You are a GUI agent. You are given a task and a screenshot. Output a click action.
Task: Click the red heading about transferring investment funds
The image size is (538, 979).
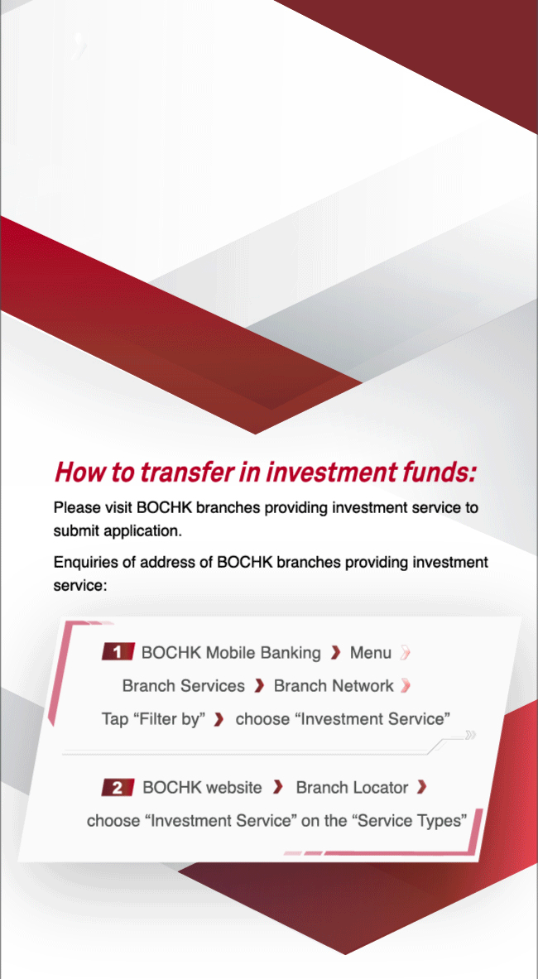click(x=265, y=472)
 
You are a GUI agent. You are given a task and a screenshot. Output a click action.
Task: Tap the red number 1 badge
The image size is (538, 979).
click(x=118, y=652)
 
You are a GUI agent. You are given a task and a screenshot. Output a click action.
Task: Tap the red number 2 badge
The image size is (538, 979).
click(x=118, y=787)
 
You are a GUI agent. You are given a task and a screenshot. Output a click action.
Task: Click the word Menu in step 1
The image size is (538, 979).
click(x=371, y=653)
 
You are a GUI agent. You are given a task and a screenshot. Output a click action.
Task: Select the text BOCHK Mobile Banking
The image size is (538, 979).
click(x=231, y=653)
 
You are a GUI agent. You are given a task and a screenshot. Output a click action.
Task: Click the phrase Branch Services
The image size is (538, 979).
click(x=184, y=686)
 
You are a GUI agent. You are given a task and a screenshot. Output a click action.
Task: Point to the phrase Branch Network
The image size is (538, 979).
click(x=334, y=686)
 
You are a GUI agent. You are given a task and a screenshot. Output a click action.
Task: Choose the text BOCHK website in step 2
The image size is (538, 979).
click(x=202, y=788)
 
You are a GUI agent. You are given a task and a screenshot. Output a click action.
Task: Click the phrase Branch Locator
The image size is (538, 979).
click(x=352, y=788)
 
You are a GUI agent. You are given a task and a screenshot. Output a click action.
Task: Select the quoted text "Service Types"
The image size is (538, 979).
click(x=411, y=821)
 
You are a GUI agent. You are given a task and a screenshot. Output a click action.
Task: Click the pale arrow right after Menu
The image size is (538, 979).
click(x=406, y=654)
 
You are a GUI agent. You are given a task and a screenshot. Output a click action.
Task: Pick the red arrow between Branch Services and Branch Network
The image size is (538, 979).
click(x=260, y=687)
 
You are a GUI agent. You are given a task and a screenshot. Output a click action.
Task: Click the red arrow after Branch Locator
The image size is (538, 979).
click(x=422, y=788)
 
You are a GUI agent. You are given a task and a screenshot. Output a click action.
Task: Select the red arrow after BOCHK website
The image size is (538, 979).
click(x=278, y=788)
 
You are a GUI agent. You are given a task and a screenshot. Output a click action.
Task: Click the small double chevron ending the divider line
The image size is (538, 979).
click(x=471, y=735)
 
